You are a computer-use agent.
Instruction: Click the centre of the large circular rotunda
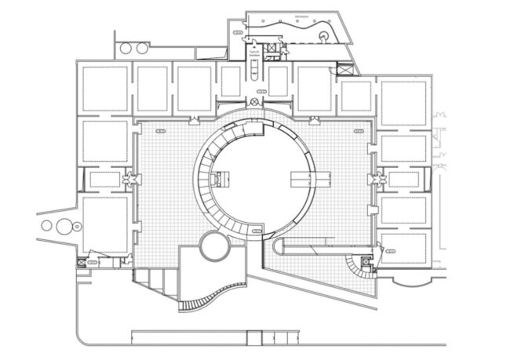tap(256, 180)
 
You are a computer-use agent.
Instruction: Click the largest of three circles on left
tap(60, 227)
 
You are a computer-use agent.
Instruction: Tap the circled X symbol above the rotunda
tap(257, 104)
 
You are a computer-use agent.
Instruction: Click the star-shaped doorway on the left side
tap(126, 180)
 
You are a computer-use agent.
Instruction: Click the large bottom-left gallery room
tap(104, 224)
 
